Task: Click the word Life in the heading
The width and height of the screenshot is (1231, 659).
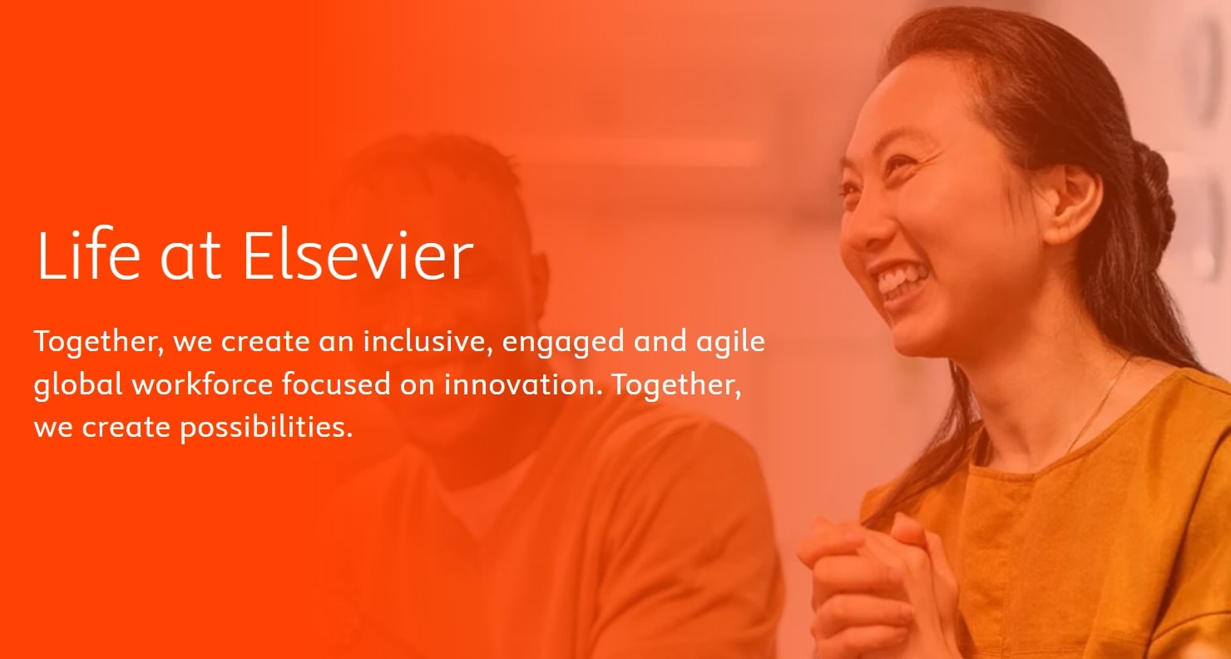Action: click(89, 254)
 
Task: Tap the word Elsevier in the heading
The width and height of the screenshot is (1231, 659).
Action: click(358, 255)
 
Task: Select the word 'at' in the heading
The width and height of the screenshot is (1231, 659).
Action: click(190, 258)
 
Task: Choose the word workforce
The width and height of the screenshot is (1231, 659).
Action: click(202, 384)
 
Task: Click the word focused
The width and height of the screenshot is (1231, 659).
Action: click(336, 384)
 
